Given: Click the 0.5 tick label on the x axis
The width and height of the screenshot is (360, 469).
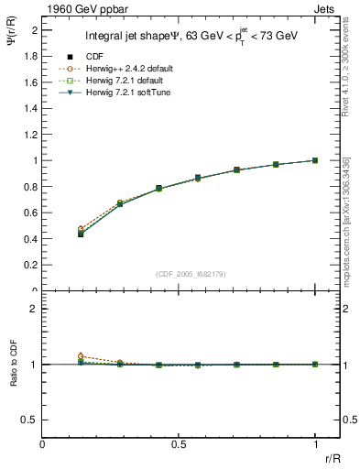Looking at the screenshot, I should [179, 443].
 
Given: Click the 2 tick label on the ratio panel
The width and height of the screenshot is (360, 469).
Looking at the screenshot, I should [35, 309].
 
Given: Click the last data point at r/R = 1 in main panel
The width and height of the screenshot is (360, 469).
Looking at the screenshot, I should [315, 160].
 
